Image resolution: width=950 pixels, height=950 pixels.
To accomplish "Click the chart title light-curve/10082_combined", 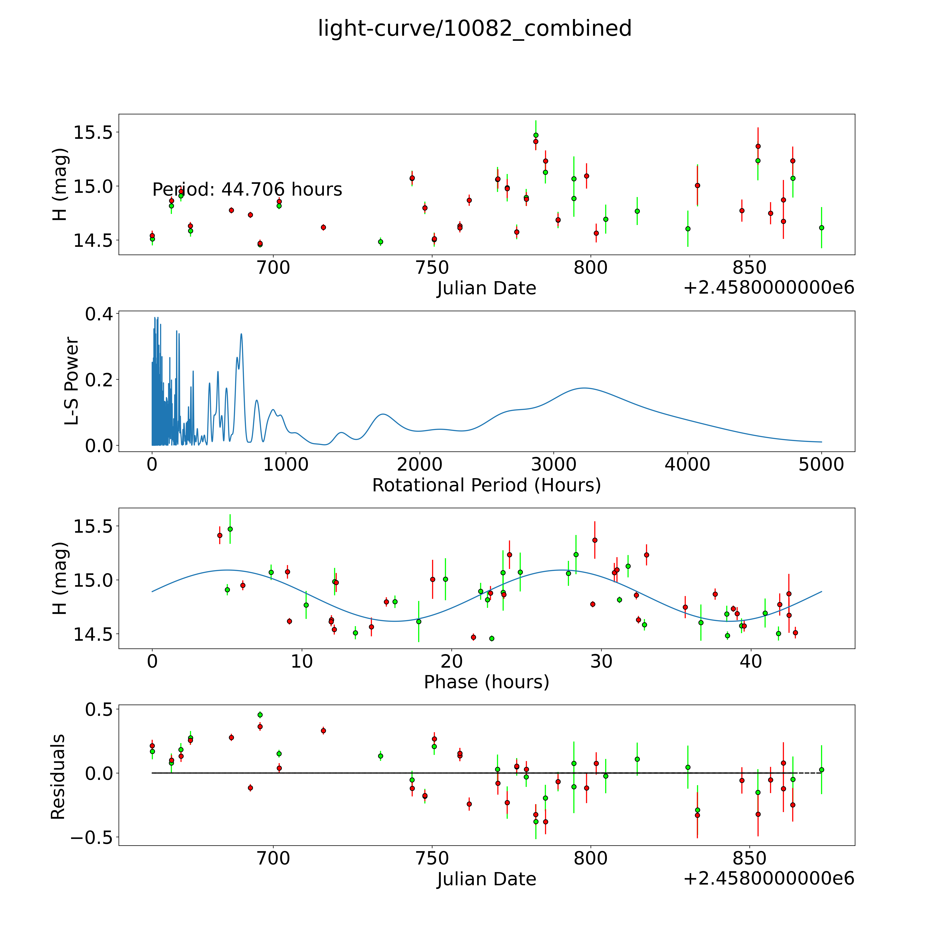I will click(x=474, y=28).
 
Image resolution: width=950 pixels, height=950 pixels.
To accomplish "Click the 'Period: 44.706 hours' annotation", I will click(x=247, y=189).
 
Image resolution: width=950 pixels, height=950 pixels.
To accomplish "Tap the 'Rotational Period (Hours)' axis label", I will click(x=486, y=485).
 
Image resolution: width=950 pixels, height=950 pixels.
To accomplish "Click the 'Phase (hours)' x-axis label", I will click(x=486, y=682).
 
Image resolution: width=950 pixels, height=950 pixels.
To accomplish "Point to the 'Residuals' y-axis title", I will click(x=58, y=777).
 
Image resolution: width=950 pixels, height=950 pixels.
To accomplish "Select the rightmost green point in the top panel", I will click(x=821, y=228).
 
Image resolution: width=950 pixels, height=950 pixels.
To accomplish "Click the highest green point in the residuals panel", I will click(x=260, y=715).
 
